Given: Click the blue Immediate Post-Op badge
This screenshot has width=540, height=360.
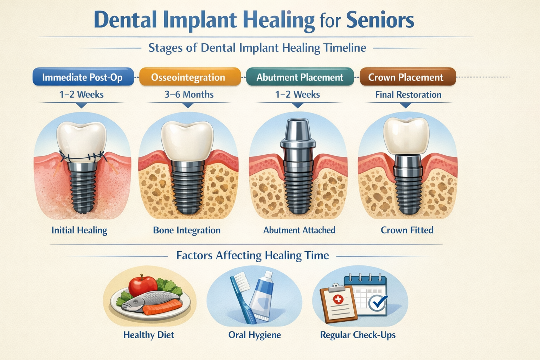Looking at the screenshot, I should (x=83, y=77).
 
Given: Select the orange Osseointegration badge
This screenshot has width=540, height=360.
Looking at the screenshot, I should (x=188, y=77).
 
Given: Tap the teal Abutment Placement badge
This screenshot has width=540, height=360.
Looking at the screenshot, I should (x=300, y=77).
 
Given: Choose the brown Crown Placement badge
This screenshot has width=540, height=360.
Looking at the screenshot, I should (x=406, y=77).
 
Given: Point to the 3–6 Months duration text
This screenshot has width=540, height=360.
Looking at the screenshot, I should (x=189, y=95).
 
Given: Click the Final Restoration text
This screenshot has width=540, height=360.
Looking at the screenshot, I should (x=408, y=95).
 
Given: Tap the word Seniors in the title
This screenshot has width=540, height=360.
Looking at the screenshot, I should (x=380, y=20).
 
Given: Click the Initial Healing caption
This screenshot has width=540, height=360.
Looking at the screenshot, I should (x=79, y=230).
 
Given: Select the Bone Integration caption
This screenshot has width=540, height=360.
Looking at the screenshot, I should (x=187, y=230).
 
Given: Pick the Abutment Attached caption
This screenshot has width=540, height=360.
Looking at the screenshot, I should (x=299, y=230).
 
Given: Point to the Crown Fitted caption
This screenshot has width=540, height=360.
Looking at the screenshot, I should (x=407, y=230).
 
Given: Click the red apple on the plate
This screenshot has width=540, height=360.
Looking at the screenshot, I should (x=143, y=285).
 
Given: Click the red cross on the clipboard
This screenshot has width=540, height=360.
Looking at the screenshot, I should (x=338, y=299).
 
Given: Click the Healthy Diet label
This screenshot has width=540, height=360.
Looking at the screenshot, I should (x=149, y=335).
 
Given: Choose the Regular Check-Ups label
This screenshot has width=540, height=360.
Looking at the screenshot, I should (x=358, y=335).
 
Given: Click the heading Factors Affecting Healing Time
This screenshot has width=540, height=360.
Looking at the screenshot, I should (x=252, y=255).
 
